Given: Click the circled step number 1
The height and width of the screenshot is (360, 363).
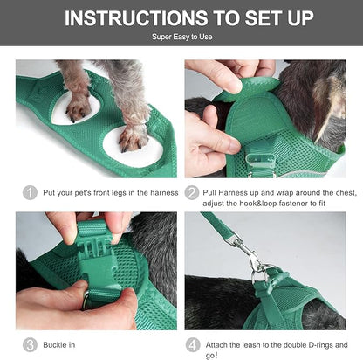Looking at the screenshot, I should point(30,192).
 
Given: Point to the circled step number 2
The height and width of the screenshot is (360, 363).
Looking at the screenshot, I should point(192,192).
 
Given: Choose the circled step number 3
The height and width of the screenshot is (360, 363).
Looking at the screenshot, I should point(30,344).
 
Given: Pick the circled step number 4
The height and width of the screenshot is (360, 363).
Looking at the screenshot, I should point(192,344).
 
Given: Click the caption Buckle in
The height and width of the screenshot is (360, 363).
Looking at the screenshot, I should point(64,344).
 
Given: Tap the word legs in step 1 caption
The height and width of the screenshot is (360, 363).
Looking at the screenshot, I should point(120,193).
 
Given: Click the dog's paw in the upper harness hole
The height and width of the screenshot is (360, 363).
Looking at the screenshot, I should point(79,104).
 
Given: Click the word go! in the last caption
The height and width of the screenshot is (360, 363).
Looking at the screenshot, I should point(213,356).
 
